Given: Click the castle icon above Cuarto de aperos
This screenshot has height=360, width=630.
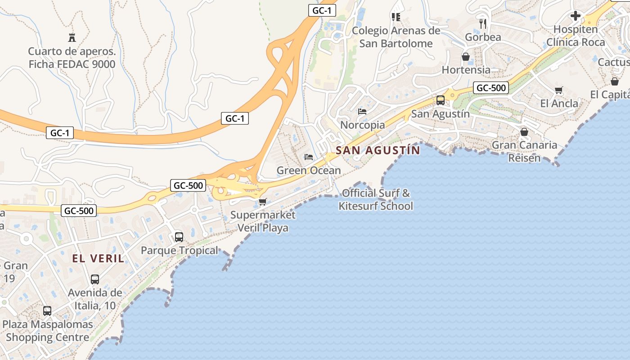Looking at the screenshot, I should pos(72,37).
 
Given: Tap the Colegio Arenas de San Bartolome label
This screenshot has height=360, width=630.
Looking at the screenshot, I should pos(396,37).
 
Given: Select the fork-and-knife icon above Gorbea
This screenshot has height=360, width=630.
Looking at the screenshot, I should pos(483,23).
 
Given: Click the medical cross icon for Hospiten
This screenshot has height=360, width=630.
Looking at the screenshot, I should pos(575,16).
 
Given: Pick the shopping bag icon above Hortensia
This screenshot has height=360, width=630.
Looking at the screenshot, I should pos(466,57).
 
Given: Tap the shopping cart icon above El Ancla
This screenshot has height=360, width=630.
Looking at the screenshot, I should pos(559,90).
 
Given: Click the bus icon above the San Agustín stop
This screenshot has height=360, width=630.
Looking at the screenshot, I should pos(441,100).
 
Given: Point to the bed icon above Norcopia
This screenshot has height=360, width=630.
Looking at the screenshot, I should pos(362,111).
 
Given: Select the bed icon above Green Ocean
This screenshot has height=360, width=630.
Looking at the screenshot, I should pos(309,157).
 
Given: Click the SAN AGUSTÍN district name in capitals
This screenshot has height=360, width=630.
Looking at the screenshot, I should pos(378,150).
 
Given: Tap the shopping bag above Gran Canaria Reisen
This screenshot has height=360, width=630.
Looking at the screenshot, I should pos(524,132).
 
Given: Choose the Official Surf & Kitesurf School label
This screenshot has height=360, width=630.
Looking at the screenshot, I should pos(376,199).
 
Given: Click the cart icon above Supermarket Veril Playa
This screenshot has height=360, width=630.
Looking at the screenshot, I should pos(262,202).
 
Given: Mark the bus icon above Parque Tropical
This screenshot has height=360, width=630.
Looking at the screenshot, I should pos(179,237).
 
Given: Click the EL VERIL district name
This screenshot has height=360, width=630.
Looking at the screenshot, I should pos(98,258).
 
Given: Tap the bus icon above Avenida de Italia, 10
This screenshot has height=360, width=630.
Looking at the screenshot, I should pos(95,279).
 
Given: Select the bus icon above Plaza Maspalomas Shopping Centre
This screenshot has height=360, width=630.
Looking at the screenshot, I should pos(47,310).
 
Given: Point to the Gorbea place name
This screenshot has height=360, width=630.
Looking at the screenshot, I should pos(483,37).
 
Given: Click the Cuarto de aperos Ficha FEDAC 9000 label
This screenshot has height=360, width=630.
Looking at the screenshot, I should pos(72,58).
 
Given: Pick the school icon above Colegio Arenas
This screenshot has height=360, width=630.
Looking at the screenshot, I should pos(396,17).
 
